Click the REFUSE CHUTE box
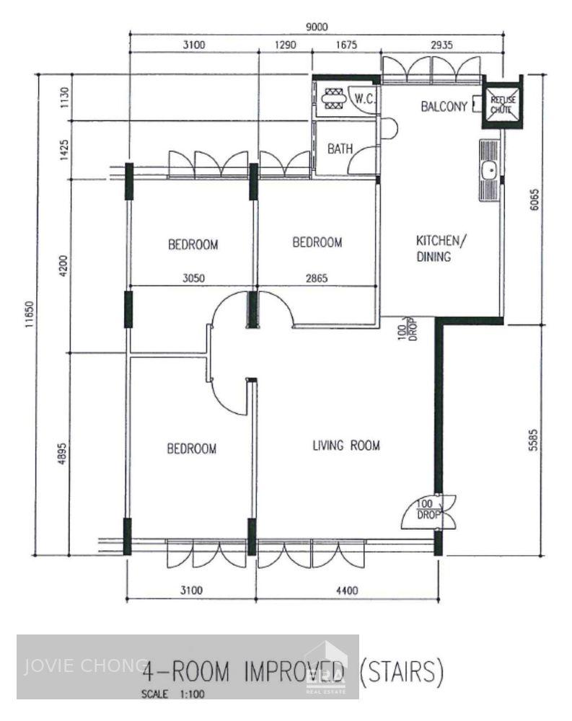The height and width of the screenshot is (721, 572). coord(502,105)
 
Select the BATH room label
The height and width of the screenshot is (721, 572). coord(340,149)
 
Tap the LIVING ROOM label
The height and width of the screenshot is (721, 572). coord(346,445)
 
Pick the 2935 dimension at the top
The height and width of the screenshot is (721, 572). coord(441,45)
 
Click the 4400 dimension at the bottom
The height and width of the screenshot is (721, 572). coord(347,591)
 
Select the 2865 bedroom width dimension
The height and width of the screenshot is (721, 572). coord(316,276)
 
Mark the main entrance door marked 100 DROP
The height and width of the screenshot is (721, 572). coord(431,511)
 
